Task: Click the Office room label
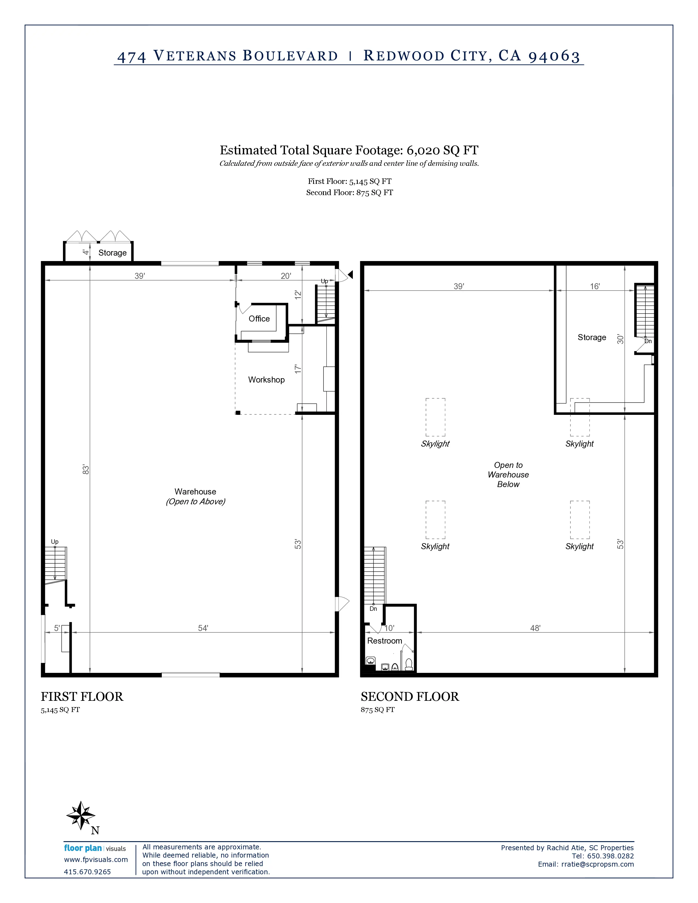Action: (x=259, y=319)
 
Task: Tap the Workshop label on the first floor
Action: (x=266, y=380)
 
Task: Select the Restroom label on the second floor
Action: (x=385, y=641)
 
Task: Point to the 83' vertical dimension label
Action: (x=86, y=470)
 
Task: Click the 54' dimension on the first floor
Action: (x=203, y=628)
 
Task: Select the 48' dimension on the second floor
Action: (x=535, y=628)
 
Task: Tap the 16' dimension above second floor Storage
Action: (x=595, y=286)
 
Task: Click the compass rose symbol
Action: (x=81, y=816)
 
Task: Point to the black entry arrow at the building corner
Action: (x=350, y=274)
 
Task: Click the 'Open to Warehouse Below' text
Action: (x=508, y=475)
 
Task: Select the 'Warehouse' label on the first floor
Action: (x=195, y=492)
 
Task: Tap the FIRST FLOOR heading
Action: (x=82, y=697)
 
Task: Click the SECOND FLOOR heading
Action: (x=410, y=697)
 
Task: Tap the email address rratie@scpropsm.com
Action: (x=598, y=864)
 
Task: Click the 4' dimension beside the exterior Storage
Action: (x=86, y=251)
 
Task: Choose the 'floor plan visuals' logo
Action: (x=95, y=849)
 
